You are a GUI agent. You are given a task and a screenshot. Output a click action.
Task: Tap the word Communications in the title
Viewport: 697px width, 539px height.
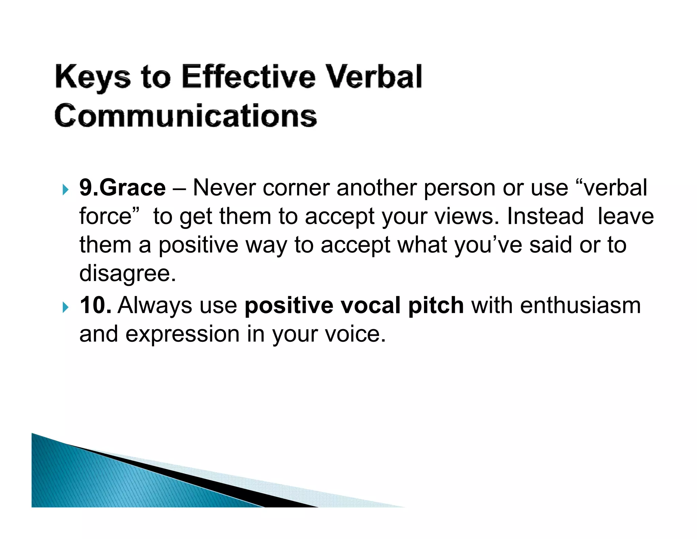coord(186,116)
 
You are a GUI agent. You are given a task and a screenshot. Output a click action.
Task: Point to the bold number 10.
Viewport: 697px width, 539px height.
coord(95,305)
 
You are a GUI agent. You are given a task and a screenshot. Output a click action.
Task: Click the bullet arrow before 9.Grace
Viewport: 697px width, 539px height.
coord(65,190)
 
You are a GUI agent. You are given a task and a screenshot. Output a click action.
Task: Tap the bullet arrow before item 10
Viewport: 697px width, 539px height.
coord(65,307)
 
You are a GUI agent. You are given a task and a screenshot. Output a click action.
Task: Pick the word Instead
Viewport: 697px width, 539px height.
coord(545,216)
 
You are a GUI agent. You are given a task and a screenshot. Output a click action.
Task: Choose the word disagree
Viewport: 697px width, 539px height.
coord(127,274)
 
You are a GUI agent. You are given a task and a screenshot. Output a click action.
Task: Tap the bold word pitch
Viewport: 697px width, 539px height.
coord(436,306)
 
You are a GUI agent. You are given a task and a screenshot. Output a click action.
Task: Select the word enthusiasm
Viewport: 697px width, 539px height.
coord(580,305)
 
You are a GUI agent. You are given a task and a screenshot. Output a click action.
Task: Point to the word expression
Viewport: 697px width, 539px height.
coord(182,334)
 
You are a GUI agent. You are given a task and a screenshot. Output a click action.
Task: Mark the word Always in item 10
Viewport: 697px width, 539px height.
coord(155,306)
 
